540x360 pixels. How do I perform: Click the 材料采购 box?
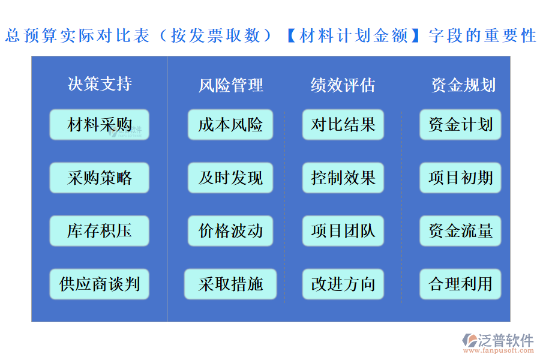(100, 125)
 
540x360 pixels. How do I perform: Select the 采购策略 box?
(100, 178)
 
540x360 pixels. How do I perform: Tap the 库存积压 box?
(100, 231)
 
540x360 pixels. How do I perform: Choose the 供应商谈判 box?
(100, 284)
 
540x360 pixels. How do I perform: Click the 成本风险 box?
(230, 125)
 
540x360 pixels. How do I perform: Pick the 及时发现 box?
(230, 178)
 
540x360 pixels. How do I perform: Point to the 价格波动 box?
(230, 231)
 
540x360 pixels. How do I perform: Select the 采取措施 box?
(230, 284)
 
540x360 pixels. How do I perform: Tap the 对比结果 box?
(343, 125)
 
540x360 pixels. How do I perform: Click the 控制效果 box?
(343, 178)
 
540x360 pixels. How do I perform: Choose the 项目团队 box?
(343, 231)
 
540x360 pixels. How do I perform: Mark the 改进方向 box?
(343, 284)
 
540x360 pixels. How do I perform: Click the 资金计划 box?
(460, 125)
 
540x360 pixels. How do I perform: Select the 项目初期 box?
(460, 178)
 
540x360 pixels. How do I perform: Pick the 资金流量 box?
(460, 231)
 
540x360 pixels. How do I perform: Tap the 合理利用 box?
(460, 284)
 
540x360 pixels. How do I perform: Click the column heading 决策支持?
(100, 84)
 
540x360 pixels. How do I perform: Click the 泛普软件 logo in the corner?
(497, 342)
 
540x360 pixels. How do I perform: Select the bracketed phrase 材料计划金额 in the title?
(353, 36)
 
